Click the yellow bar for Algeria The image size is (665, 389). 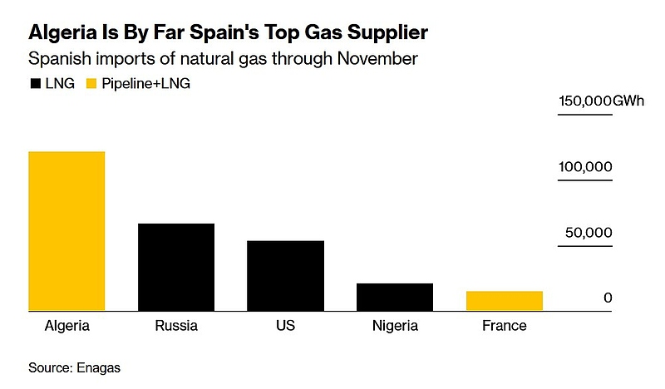pyautogui.click(x=66, y=231)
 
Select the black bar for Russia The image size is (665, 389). pyautogui.click(x=176, y=267)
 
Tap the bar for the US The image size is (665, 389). pyautogui.click(x=285, y=275)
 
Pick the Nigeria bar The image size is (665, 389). pyautogui.click(x=395, y=297)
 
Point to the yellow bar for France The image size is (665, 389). pyautogui.click(x=505, y=301)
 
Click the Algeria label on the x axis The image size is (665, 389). pyautogui.click(x=66, y=326)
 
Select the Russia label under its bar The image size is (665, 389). pyautogui.click(x=176, y=326)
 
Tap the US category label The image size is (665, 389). pyautogui.click(x=285, y=326)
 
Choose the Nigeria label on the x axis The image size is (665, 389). pyautogui.click(x=395, y=326)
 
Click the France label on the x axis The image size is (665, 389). pyautogui.click(x=505, y=326)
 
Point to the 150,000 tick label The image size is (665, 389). pyautogui.click(x=584, y=101)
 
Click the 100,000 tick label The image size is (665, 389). pyautogui.click(x=584, y=167)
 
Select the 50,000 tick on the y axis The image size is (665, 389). pyautogui.click(x=589, y=233)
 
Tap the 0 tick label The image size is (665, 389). pyautogui.click(x=608, y=298)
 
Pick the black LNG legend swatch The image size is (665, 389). pyautogui.click(x=36, y=84)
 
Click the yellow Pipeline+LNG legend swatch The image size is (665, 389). pyautogui.click(x=92, y=84)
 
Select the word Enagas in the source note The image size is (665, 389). pyautogui.click(x=104, y=367)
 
